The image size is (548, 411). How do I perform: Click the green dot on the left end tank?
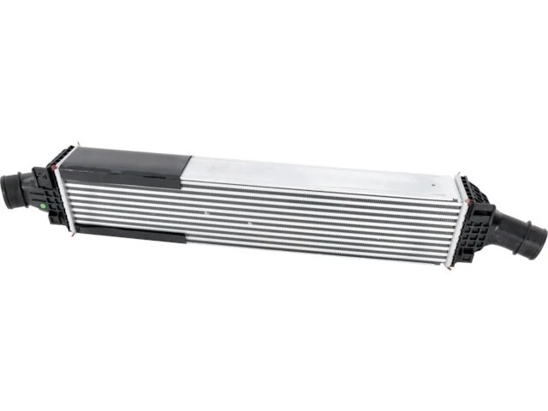pyautogui.click(x=42, y=205)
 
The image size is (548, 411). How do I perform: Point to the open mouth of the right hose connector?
pyautogui.click(x=538, y=240)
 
